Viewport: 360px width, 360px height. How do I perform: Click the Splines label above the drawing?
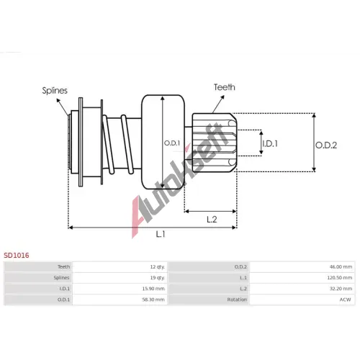55,91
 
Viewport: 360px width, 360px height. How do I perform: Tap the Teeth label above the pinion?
225,87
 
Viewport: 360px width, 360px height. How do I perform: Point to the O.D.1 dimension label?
172,143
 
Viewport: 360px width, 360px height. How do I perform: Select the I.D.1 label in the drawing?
270,144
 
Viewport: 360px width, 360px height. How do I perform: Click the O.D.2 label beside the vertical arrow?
326,145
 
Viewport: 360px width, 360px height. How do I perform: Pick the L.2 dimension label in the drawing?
212,219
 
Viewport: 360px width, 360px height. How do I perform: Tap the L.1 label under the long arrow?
161,234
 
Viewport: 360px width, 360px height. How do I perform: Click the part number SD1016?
17,256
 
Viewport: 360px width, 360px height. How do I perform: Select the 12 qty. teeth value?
158,267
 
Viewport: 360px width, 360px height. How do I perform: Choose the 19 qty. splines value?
158,278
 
